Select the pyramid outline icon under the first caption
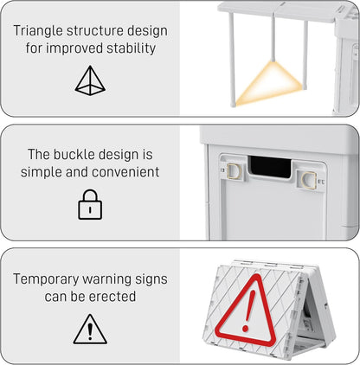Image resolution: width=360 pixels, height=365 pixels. (90, 80)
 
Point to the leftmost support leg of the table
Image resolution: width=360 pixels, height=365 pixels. (232, 61)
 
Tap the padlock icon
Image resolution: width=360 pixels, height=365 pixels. (90, 205)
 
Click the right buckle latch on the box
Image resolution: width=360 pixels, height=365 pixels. (305, 179)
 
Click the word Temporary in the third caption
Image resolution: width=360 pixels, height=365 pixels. (52, 279)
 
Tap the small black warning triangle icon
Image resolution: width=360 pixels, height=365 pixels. (90, 330)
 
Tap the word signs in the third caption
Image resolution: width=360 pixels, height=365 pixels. (148, 279)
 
